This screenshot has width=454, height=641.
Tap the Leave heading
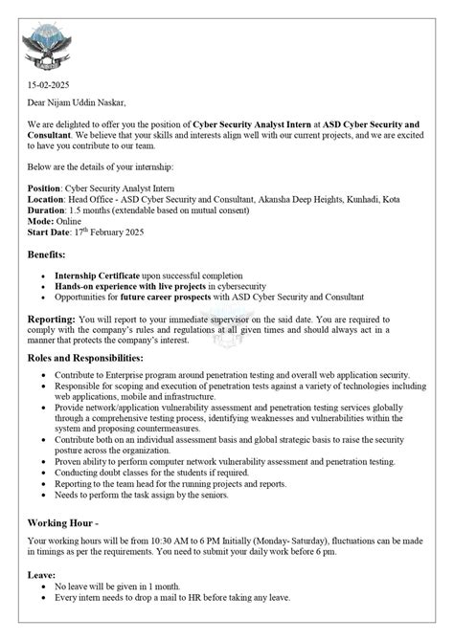point(41,577)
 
